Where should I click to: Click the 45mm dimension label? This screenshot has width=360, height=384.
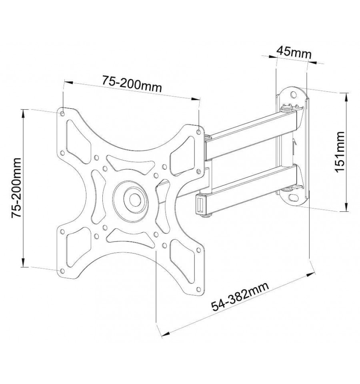[x=294, y=52]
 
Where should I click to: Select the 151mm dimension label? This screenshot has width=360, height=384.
[x=340, y=152]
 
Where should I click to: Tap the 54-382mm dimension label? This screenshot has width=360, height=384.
[x=240, y=296]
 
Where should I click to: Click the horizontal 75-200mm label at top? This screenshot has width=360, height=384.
[x=132, y=84]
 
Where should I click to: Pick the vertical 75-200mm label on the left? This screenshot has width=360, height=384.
[x=17, y=188]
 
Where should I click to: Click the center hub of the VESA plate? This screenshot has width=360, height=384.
[x=134, y=199]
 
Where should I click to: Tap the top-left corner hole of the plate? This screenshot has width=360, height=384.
[x=62, y=114]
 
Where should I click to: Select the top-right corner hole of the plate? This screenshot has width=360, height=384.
[x=198, y=132]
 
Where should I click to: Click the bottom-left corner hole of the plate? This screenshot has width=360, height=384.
[x=62, y=271]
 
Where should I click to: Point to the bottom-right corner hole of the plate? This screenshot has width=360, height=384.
[x=198, y=289]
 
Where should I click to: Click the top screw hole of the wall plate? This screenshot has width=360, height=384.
[x=293, y=94]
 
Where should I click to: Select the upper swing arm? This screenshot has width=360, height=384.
[x=252, y=134]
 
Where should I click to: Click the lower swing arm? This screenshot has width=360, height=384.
[x=250, y=190]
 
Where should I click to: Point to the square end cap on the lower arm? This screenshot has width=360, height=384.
[x=200, y=204]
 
